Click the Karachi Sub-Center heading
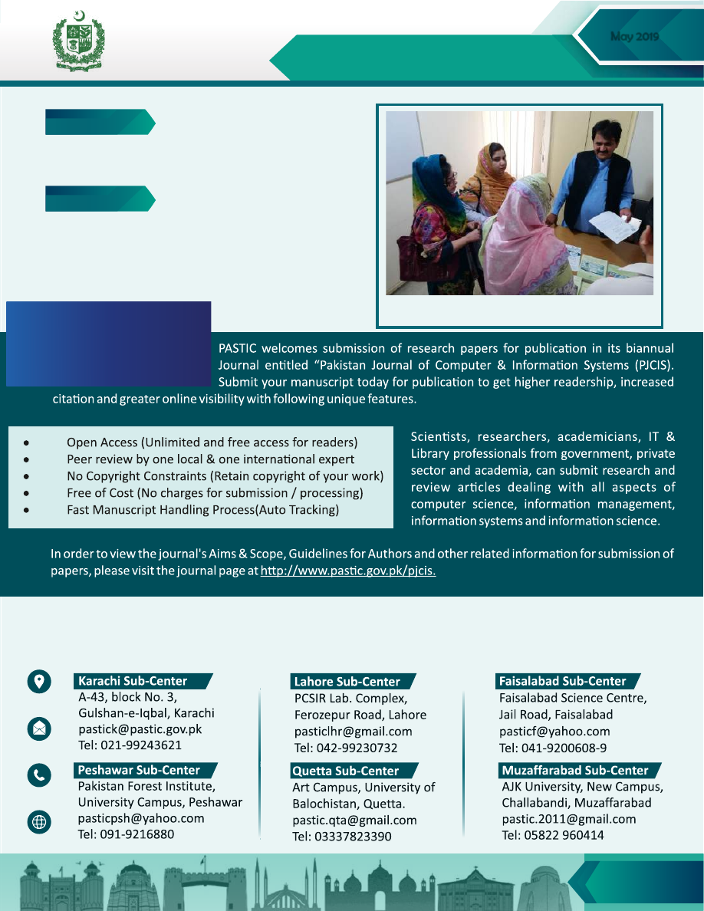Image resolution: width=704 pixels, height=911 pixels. (132, 681)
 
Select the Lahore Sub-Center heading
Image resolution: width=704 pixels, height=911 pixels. (346, 682)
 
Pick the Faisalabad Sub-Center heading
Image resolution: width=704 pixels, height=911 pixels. (562, 681)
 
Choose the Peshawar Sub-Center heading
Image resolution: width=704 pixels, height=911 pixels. (138, 770)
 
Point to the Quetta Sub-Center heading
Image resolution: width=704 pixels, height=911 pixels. (345, 771)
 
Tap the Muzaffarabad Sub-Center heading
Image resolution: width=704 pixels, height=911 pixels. (574, 770)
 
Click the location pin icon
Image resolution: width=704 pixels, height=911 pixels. (39, 682)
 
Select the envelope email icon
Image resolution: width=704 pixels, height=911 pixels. (39, 728)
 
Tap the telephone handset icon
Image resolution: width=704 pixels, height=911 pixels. (39, 775)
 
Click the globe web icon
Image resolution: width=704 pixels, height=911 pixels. (39, 822)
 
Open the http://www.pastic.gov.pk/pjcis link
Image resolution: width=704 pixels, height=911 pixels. (348, 571)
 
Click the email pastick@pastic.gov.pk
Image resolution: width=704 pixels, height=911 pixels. (140, 729)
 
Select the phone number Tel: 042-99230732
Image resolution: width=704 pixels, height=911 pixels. (346, 748)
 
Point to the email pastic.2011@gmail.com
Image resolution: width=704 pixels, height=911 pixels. (568, 819)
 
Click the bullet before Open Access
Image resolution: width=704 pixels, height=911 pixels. (27, 442)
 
